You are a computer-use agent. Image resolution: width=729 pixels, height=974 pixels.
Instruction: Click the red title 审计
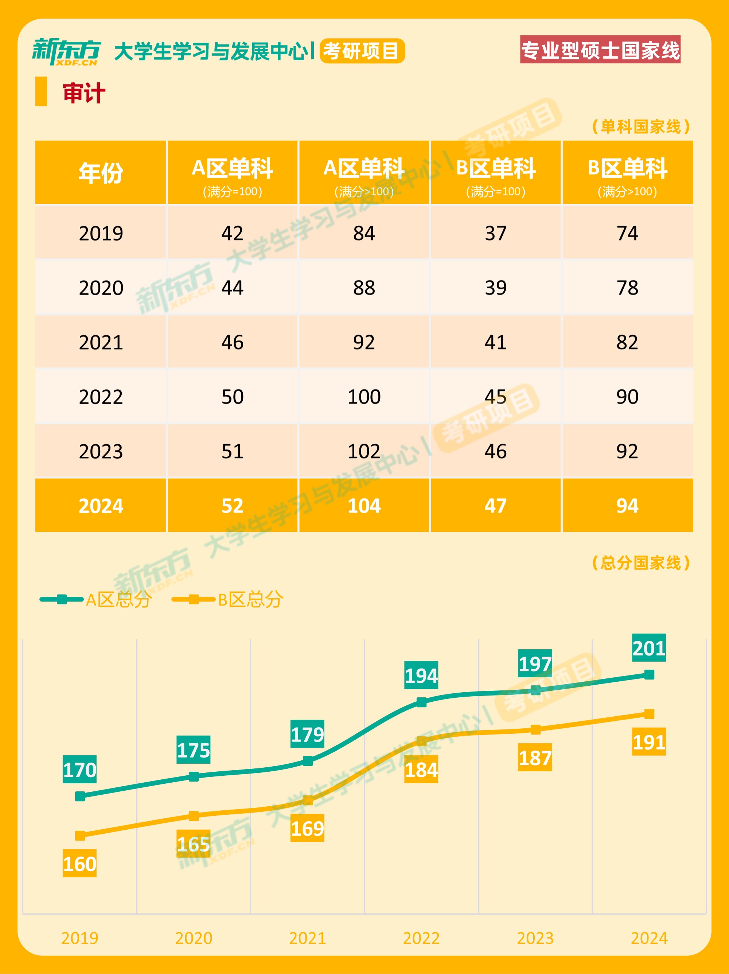(83, 93)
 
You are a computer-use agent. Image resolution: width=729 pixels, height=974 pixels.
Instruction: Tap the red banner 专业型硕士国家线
(600, 50)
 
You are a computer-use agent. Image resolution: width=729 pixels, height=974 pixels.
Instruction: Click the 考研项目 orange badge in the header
(362, 51)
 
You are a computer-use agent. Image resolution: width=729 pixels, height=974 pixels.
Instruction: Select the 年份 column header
(101, 173)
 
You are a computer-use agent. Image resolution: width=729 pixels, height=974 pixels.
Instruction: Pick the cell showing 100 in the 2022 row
(364, 397)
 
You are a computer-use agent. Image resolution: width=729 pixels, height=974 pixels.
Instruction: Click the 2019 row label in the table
(101, 233)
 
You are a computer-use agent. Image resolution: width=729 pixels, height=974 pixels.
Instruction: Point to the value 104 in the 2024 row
(364, 506)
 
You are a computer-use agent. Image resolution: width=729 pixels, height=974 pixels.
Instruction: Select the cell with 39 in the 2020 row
(496, 288)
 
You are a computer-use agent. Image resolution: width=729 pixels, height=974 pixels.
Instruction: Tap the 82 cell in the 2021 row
(627, 342)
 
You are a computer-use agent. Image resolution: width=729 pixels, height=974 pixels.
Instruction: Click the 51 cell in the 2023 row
(233, 451)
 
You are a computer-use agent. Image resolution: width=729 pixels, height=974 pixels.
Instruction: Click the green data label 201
(649, 648)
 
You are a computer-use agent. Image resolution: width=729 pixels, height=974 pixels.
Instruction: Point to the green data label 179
(307, 735)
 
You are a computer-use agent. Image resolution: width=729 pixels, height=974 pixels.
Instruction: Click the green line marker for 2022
(421, 702)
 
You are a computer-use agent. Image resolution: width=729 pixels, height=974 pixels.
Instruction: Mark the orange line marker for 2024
(649, 714)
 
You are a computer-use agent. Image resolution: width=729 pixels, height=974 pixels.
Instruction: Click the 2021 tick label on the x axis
(307, 938)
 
